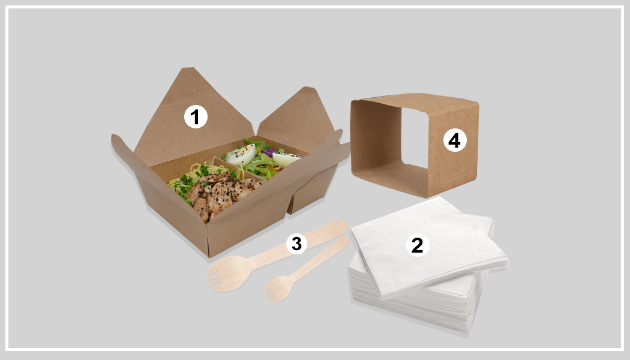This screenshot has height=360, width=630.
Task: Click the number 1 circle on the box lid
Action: [196, 117]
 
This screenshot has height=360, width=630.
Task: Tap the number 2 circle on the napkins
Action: [418, 245]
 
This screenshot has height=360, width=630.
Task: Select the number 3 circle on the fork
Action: [296, 243]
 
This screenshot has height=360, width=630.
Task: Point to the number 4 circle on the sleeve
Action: [454, 140]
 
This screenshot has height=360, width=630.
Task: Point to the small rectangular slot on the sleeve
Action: [455, 176]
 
